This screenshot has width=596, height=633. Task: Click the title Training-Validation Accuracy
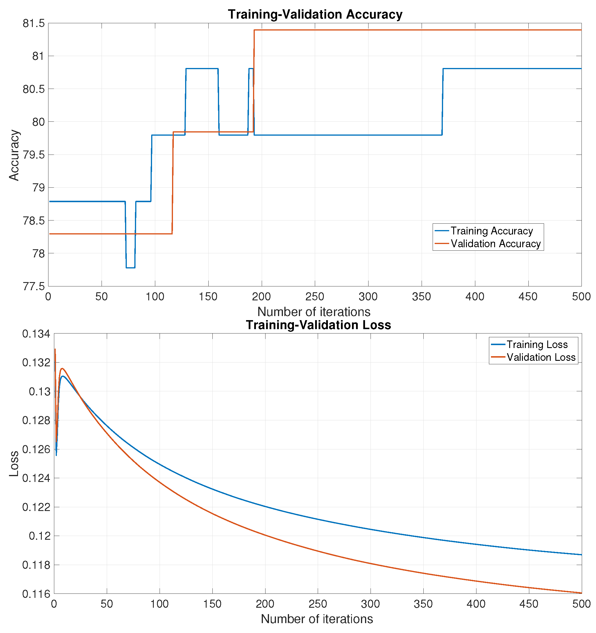coord(315,15)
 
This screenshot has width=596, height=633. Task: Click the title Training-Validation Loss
coord(318,325)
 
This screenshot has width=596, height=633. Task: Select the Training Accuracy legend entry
coord(491,231)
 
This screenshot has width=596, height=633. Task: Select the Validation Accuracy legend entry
coord(495,243)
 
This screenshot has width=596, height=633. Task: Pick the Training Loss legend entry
coord(537,345)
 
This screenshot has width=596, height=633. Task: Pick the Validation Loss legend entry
coord(541,357)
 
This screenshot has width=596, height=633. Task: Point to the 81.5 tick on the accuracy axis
coord(33,24)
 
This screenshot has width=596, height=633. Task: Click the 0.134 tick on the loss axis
coord(36,334)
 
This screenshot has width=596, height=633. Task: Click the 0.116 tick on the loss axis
coord(36,594)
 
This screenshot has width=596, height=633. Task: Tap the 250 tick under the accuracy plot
coord(315,297)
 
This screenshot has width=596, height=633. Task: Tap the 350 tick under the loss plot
coord(423,604)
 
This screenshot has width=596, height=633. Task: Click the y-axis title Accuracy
coord(14,155)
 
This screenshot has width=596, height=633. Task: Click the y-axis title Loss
coord(14,464)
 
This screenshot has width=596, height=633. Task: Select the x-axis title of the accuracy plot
coord(314,312)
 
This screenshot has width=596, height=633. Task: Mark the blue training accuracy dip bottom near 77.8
coord(130,268)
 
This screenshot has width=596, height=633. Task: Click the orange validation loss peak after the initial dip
coord(62,369)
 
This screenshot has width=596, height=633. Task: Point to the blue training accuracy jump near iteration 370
coord(443,102)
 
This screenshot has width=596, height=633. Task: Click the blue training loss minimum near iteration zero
coord(56,455)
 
